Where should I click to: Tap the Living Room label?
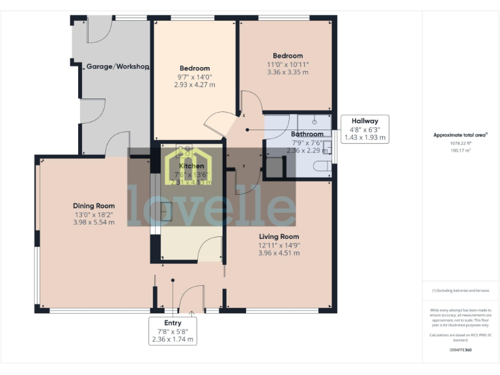click(x=279, y=236)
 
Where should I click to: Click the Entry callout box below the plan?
click(x=173, y=331)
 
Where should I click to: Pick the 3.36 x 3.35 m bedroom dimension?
click(x=287, y=72)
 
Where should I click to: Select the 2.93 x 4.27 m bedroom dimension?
click(x=195, y=85)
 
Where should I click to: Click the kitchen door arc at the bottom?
click(x=210, y=249)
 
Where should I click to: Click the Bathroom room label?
click(x=307, y=134)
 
